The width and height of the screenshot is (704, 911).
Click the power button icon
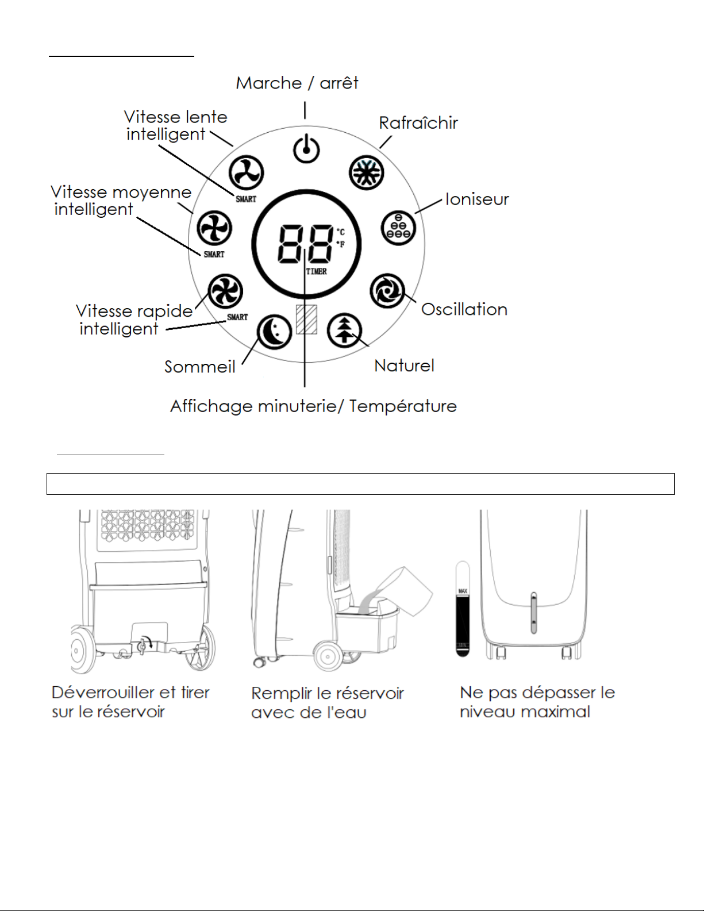306,149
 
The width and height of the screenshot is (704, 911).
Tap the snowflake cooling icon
366,172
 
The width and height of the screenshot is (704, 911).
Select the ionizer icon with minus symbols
398,228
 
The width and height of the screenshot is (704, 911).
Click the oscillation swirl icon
387,291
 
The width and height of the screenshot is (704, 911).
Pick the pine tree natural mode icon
344,330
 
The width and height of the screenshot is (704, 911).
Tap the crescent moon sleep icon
274,333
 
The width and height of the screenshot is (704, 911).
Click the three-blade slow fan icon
246,172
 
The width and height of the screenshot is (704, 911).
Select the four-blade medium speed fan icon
214,228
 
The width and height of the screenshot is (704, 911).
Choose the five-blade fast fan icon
225,291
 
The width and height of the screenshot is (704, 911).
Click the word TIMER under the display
316,271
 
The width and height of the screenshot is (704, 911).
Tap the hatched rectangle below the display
306,319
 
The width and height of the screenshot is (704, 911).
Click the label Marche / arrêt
297,83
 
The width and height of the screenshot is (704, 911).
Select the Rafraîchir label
418,123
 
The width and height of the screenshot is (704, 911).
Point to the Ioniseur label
477,199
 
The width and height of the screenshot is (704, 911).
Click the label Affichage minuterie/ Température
313,406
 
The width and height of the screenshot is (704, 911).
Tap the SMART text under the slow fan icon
246,199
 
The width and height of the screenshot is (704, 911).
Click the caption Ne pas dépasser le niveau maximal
537,702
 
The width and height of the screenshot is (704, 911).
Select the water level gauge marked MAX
463,609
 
